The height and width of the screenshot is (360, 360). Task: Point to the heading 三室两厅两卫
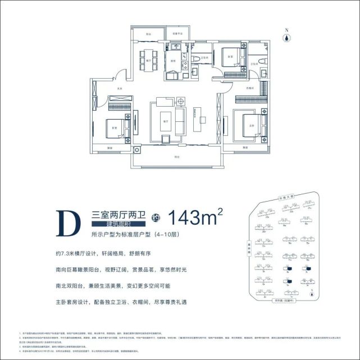coord(118,213)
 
